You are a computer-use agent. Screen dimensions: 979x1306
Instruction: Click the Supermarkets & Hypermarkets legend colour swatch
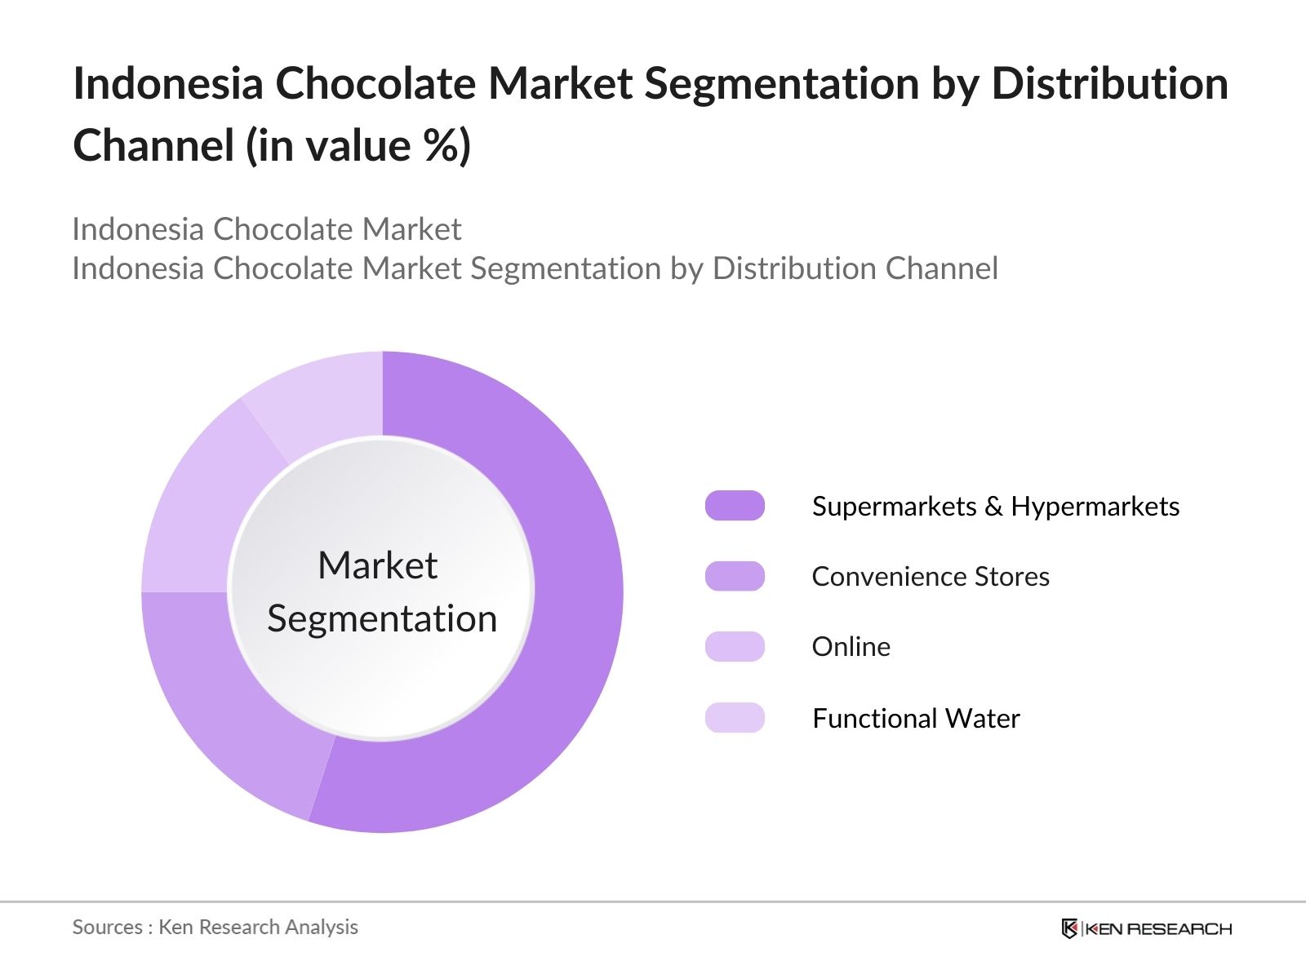(735, 506)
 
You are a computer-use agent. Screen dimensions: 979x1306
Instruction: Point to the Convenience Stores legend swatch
(735, 576)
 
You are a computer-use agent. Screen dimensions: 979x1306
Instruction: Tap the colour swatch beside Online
(735, 646)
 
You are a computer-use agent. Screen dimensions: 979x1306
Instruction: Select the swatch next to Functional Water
(735, 718)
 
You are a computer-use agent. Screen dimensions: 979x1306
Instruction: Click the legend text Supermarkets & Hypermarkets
(995, 507)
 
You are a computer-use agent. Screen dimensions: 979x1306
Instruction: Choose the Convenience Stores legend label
(930, 577)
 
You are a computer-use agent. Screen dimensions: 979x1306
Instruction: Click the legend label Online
(851, 647)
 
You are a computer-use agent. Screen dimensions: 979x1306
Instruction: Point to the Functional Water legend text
(915, 719)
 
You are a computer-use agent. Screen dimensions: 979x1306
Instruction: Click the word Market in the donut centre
(377, 565)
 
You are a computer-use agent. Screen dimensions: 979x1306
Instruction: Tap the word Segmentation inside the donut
(382, 618)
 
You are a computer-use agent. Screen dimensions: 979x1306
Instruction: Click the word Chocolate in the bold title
(375, 83)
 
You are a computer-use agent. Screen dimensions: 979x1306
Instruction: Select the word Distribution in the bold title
(1109, 83)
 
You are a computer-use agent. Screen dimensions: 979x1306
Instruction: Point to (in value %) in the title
(359, 146)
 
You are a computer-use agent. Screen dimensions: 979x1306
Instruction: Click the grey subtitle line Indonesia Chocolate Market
(267, 229)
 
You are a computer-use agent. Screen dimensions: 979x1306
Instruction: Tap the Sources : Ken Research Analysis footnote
(215, 927)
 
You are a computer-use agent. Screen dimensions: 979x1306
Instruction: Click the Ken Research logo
(1146, 928)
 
